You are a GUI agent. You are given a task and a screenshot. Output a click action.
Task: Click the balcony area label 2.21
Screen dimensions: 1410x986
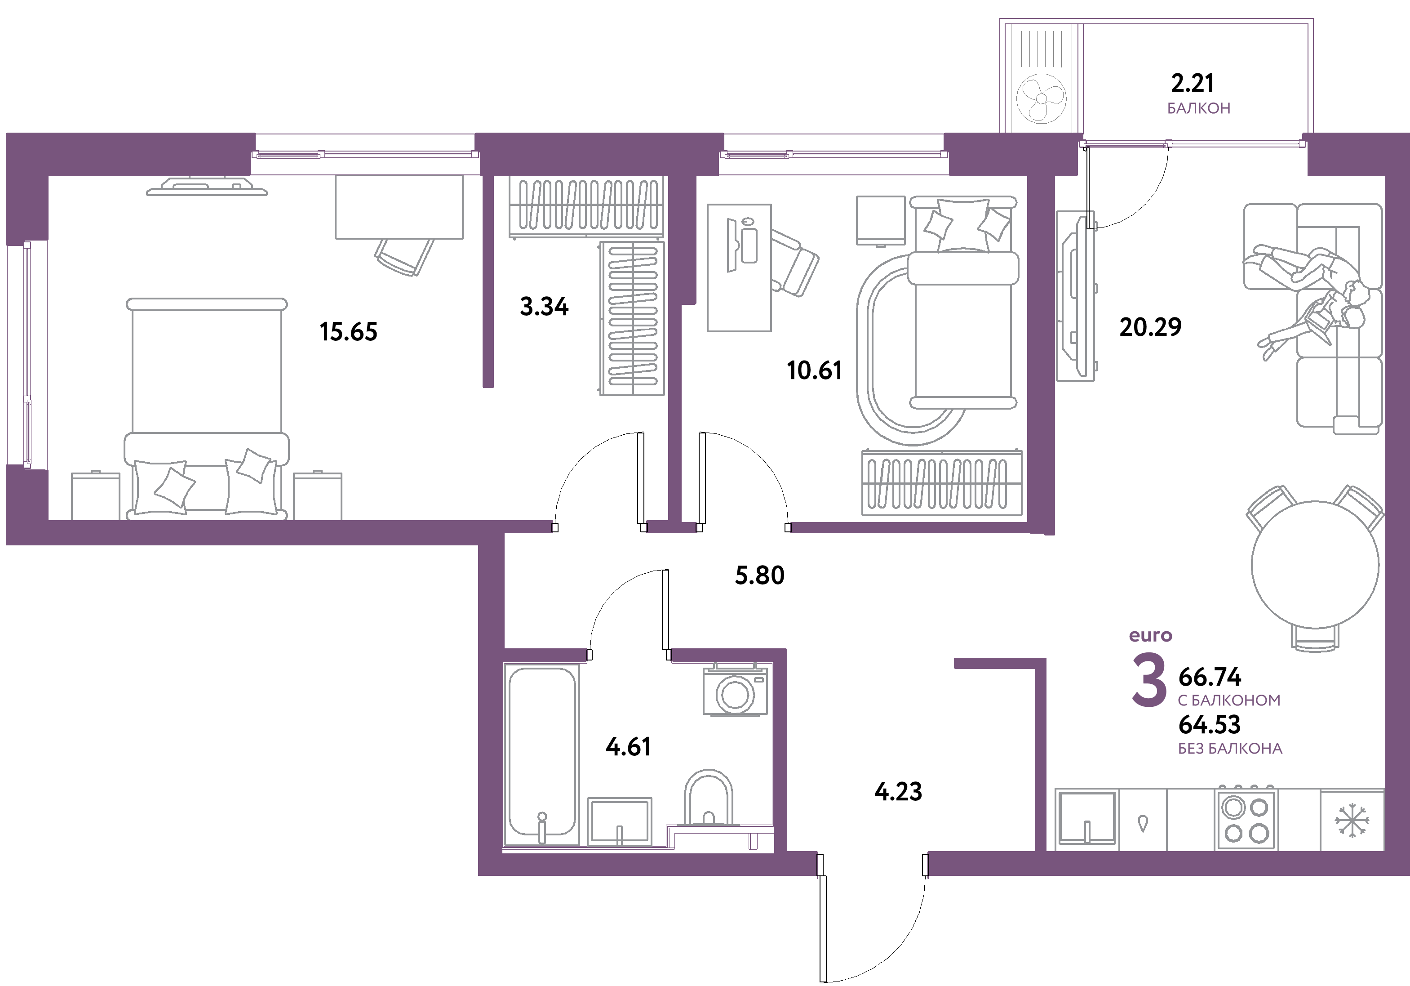pos(1192,82)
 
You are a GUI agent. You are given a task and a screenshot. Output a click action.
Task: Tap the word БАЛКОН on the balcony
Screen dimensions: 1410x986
pos(1199,108)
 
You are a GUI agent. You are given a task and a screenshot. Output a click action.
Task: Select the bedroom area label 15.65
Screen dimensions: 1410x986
pos(348,332)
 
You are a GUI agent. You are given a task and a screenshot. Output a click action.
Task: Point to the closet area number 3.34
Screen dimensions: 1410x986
pos(544,306)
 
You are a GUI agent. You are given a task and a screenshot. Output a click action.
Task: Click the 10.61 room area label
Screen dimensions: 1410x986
pos(814,370)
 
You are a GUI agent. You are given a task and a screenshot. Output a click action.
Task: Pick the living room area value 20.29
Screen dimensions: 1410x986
pos(1150,327)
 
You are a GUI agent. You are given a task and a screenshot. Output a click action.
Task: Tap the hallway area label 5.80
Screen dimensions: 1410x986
pos(760,575)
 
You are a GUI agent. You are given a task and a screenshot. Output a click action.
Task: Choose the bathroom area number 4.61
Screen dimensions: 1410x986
pos(628,746)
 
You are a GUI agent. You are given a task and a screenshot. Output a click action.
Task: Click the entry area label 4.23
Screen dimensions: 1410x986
pos(898,791)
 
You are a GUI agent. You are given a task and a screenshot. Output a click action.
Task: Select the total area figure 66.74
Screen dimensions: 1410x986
pos(1210,677)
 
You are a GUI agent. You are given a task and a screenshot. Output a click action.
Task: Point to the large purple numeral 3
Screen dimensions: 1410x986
pos(1148,681)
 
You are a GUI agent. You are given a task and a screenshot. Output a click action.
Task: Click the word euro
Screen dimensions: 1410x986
pos(1150,635)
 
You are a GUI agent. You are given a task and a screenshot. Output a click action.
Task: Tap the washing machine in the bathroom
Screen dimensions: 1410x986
pos(735,690)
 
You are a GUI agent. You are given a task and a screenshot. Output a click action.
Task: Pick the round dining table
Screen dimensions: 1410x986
pos(1315,565)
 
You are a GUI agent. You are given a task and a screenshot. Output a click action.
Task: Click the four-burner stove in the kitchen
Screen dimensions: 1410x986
pos(1246,820)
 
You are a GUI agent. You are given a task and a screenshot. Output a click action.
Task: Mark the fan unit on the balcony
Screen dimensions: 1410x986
pos(1041,99)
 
